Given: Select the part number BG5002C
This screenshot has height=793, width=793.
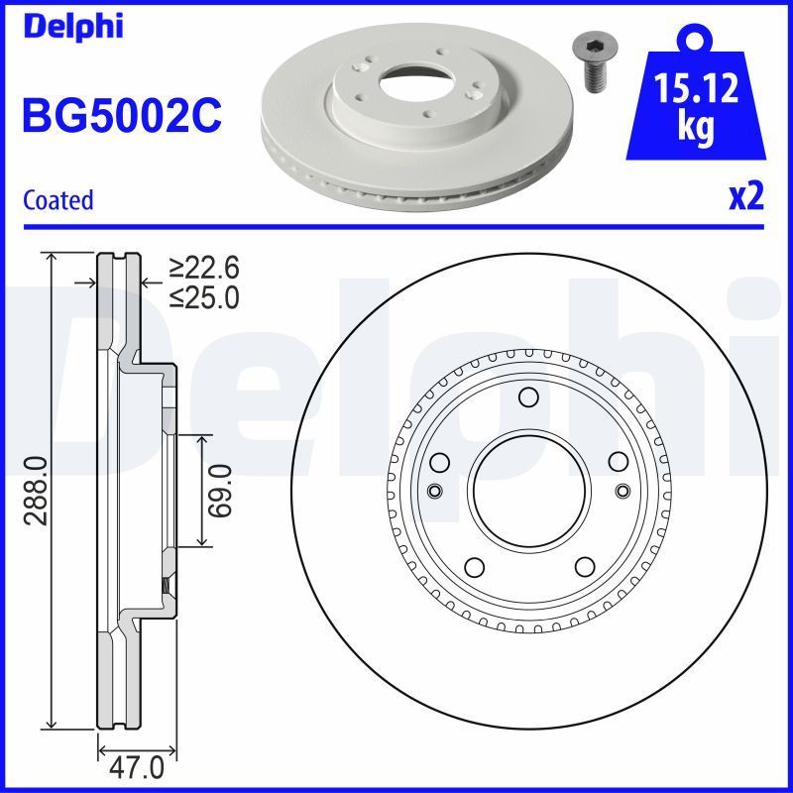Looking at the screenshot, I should (121, 116).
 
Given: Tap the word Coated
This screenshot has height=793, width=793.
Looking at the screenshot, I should (57, 200).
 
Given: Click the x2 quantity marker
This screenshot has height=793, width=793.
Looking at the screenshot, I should (745, 197).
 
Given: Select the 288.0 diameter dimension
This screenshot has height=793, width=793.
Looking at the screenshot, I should (36, 489).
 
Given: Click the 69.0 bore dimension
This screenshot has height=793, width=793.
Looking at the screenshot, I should (220, 490).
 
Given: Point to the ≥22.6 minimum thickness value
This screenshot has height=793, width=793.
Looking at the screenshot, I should (203, 268).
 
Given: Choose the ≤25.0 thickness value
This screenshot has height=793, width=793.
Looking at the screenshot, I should (203, 296).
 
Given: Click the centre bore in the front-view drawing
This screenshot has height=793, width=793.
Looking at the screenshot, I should (526, 490).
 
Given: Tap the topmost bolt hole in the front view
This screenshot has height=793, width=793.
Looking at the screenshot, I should (527, 398).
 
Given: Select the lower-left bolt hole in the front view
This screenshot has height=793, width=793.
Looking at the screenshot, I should (474, 567).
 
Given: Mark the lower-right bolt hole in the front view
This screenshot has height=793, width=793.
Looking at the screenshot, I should (580, 567).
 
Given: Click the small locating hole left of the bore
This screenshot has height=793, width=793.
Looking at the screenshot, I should (433, 491).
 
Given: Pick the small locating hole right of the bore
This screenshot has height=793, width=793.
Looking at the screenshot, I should (622, 490).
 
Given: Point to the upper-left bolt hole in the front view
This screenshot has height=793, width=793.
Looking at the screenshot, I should (440, 462).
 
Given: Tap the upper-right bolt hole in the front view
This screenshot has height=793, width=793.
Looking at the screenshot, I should (615, 461).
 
